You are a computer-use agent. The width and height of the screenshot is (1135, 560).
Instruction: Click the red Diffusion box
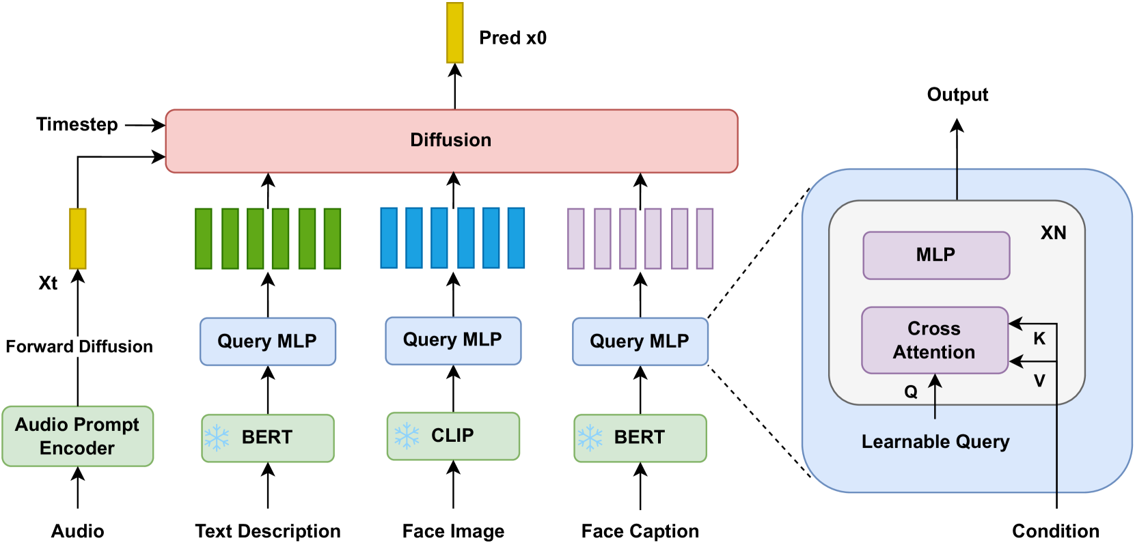(452, 141)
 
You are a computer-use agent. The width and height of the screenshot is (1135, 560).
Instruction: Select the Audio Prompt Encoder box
(77, 436)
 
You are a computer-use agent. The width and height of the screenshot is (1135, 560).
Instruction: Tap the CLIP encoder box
(453, 436)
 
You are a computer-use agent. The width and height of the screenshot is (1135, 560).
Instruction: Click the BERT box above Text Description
(268, 438)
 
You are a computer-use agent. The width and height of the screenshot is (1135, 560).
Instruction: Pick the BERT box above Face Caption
(640, 438)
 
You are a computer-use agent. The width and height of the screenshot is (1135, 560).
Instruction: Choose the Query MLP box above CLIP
(453, 341)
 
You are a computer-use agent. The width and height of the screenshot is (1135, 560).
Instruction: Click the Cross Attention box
(935, 340)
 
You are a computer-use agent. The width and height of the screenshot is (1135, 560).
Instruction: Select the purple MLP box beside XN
(936, 255)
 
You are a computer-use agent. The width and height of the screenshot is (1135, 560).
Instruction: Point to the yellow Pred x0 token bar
(454, 33)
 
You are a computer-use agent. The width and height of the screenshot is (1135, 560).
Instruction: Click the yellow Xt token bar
(77, 238)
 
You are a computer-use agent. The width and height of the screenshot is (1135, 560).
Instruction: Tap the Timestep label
(77, 124)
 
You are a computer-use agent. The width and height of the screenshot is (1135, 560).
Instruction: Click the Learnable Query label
(935, 442)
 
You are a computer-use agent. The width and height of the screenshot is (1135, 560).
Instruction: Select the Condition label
(1056, 531)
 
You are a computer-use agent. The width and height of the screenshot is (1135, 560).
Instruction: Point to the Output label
(957, 95)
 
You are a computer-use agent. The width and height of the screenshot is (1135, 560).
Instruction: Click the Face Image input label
(453, 531)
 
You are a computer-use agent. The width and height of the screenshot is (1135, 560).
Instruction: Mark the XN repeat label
(1054, 233)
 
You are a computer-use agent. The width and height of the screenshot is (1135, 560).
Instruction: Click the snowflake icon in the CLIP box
(407, 436)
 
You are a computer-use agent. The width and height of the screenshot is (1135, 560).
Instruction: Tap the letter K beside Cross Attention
(1039, 338)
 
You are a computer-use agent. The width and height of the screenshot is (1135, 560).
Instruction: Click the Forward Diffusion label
(79, 346)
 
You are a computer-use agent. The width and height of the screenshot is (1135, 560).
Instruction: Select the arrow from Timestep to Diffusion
(145, 124)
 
